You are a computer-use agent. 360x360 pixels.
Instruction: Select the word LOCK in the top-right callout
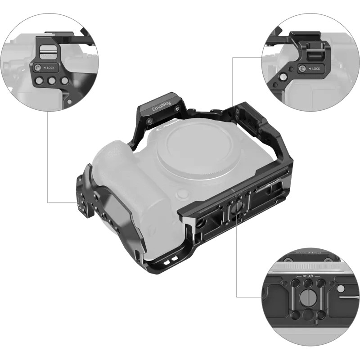click(315, 68)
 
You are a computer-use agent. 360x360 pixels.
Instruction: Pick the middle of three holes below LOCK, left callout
click(51, 81)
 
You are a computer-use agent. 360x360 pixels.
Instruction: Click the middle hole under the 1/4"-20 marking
click(309, 284)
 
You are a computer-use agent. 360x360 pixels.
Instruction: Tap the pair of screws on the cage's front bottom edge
click(170, 263)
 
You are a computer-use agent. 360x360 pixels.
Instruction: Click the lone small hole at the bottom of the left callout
click(69, 101)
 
